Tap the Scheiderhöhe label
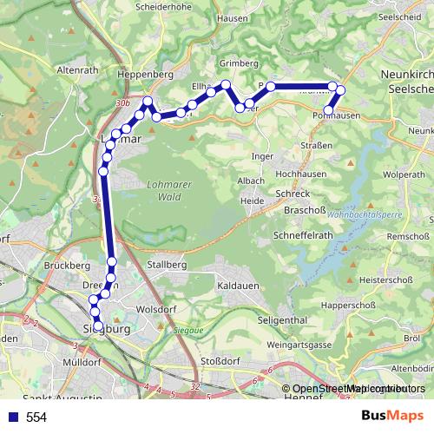(163, 6)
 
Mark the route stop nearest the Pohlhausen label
(328, 109)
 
